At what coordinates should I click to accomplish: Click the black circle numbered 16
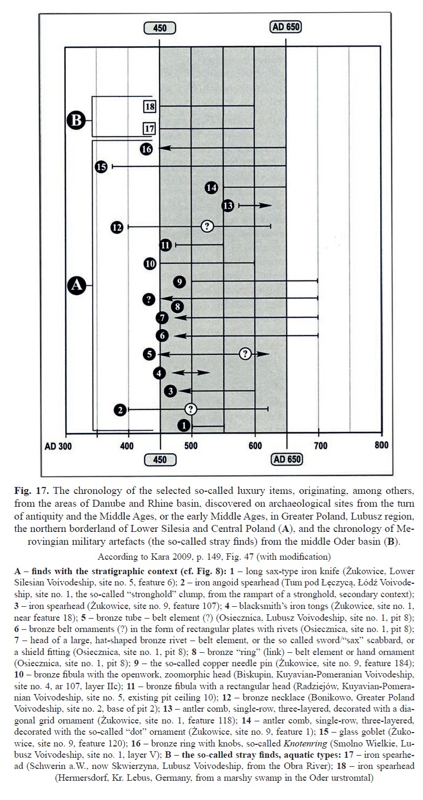[x=147, y=149]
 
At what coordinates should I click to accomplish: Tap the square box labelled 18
[x=149, y=107]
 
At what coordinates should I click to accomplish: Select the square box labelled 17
[x=149, y=128]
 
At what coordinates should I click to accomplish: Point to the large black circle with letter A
[x=77, y=286]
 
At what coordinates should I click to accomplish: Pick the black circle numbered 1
[x=183, y=426]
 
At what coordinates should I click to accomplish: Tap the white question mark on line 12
[x=207, y=226]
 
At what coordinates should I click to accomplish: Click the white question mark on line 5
[x=245, y=353]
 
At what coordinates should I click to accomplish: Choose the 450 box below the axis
[x=160, y=459]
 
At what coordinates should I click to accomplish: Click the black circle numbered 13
[x=228, y=205]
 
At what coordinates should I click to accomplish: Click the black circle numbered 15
[x=101, y=167]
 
